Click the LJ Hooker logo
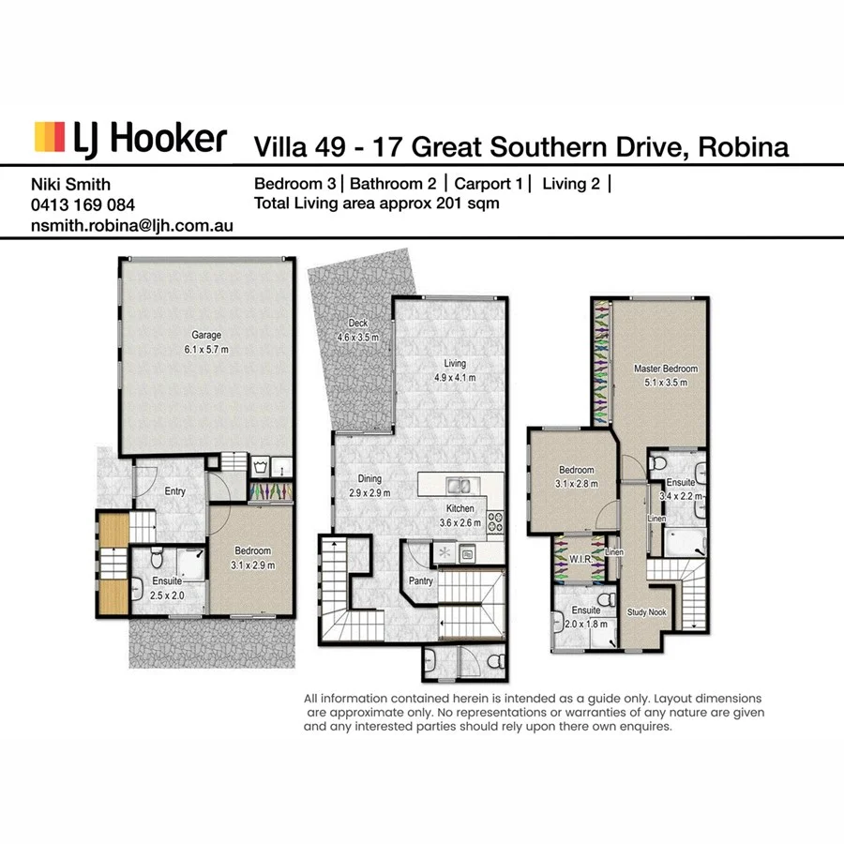click(129, 138)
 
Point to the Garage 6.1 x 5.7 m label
click(206, 341)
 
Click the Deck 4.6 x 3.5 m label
click(357, 329)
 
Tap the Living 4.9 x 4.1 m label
click(455, 370)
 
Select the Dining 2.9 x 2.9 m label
click(369, 485)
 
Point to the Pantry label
click(420, 581)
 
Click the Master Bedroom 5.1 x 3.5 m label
click(659, 375)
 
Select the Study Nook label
click(645, 610)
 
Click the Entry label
click(175, 491)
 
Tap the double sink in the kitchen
click(459, 486)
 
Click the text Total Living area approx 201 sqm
click(377, 203)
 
